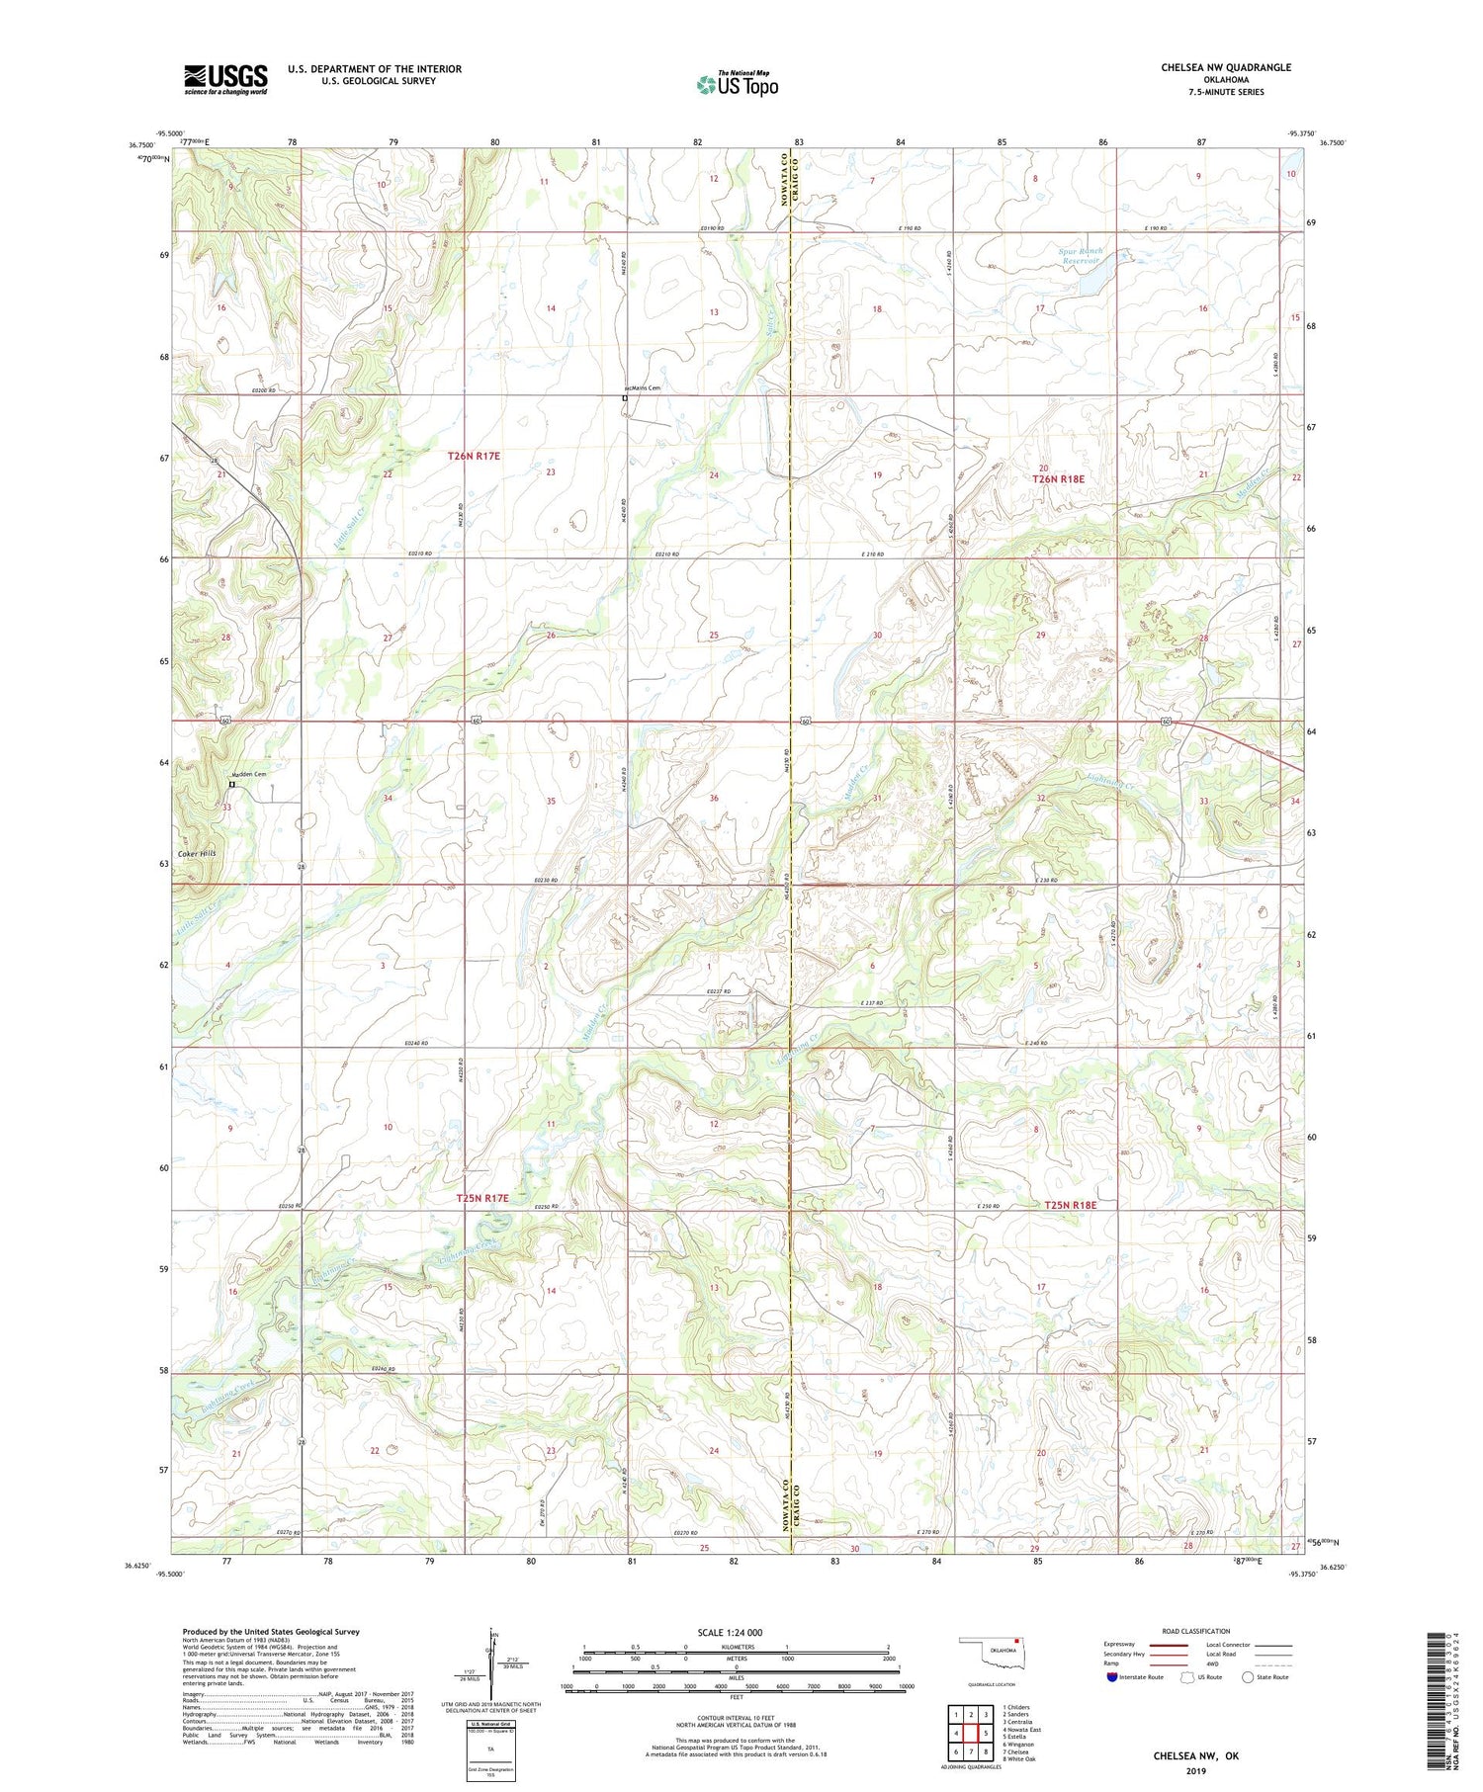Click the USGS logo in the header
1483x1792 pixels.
click(225, 79)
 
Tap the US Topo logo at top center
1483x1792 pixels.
click(738, 84)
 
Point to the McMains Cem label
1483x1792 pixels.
click(642, 388)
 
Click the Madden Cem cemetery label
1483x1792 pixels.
click(249, 774)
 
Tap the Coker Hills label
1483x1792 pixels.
click(197, 853)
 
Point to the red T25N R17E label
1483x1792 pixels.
click(482, 1198)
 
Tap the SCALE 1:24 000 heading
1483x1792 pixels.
click(737, 1632)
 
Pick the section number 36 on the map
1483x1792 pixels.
click(714, 798)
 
